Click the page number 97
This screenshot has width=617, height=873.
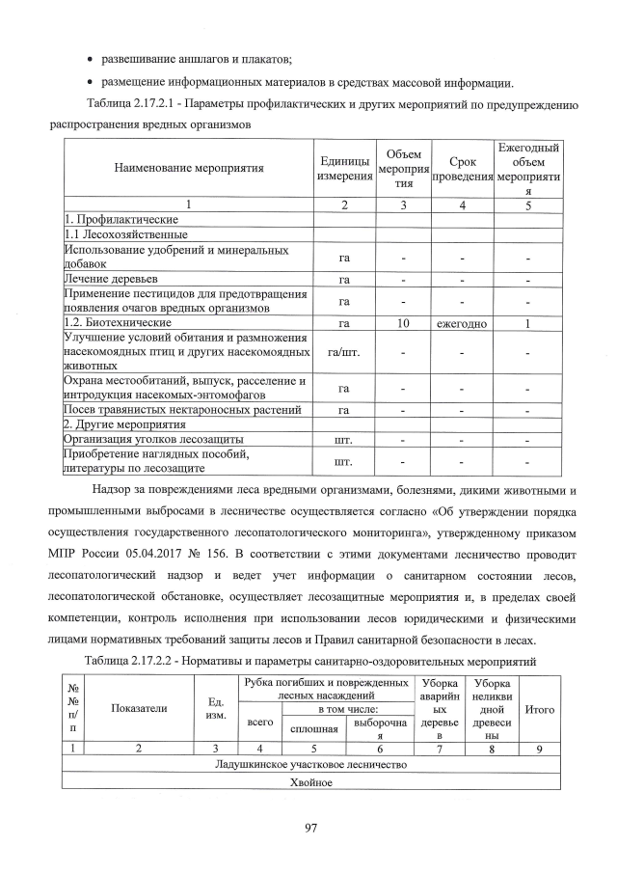point(308,827)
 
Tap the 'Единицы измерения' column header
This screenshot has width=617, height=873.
point(344,168)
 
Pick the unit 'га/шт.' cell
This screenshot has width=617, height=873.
point(344,352)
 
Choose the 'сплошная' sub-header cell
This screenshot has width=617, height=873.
point(300,728)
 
